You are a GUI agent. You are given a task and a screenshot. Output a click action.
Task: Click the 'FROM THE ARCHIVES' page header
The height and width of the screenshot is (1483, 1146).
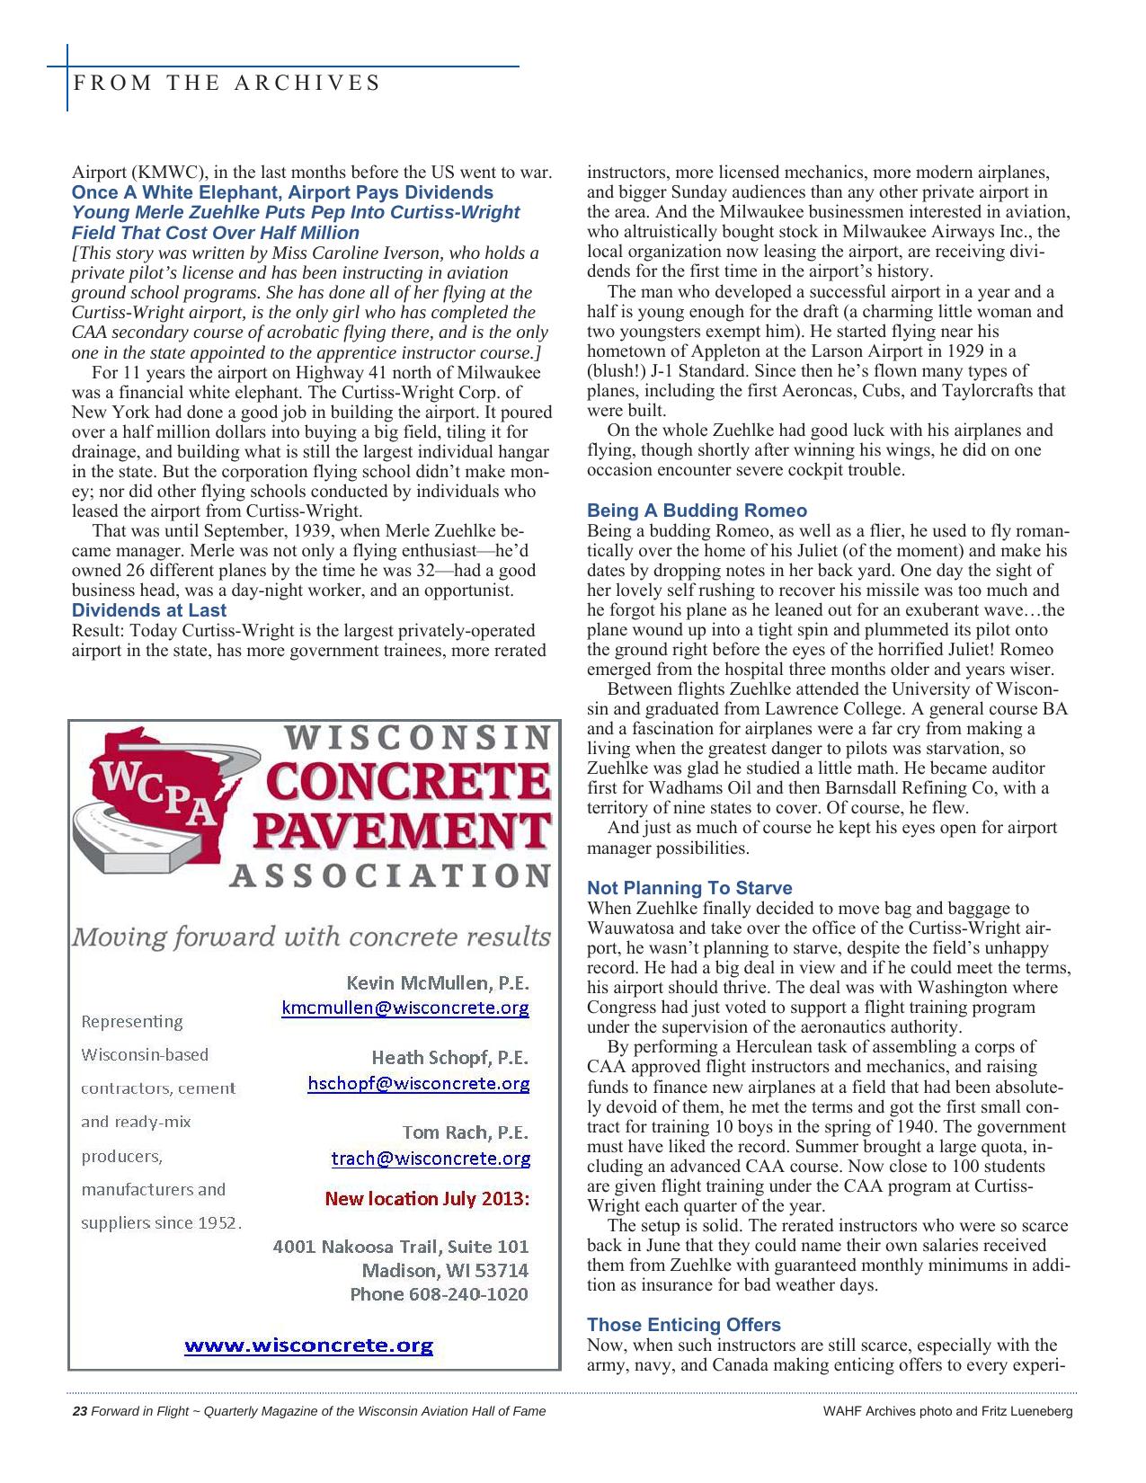coord(227,83)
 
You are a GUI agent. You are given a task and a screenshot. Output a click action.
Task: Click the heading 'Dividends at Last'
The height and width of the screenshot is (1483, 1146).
coord(149,610)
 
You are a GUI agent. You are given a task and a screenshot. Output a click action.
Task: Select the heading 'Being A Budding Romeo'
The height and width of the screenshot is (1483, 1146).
coord(697,511)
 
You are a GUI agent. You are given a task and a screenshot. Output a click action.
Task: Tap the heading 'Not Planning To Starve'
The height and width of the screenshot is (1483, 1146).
coord(689,888)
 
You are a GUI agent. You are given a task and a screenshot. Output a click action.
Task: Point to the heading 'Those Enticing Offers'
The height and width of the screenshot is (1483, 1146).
coord(683,1325)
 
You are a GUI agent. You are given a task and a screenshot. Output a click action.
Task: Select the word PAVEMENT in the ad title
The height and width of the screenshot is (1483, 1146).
coord(400,832)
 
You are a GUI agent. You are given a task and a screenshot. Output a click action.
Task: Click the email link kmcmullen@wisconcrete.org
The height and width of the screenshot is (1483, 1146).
coord(405,1008)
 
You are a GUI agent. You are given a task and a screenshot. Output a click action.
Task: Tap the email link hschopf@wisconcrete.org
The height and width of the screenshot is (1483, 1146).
coord(418,1083)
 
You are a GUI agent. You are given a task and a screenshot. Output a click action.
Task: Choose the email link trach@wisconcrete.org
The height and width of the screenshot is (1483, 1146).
coord(431,1159)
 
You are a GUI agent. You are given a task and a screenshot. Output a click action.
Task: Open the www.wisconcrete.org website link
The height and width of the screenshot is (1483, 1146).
coord(308,1345)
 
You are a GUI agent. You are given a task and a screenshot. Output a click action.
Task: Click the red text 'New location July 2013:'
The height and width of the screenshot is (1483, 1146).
coord(427,1199)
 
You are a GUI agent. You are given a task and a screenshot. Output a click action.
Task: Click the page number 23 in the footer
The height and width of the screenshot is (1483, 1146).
coord(79,1411)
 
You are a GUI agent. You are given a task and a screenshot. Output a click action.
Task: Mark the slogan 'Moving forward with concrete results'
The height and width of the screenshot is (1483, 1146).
coord(311,937)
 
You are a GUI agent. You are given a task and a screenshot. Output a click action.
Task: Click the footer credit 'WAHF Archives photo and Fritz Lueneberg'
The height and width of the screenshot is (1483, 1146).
coord(947,1411)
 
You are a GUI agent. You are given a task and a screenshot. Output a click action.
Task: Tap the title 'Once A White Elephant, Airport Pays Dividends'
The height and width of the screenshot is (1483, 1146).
coord(282,192)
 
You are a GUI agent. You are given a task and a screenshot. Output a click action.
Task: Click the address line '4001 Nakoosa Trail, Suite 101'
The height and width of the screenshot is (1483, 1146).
coord(400,1247)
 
